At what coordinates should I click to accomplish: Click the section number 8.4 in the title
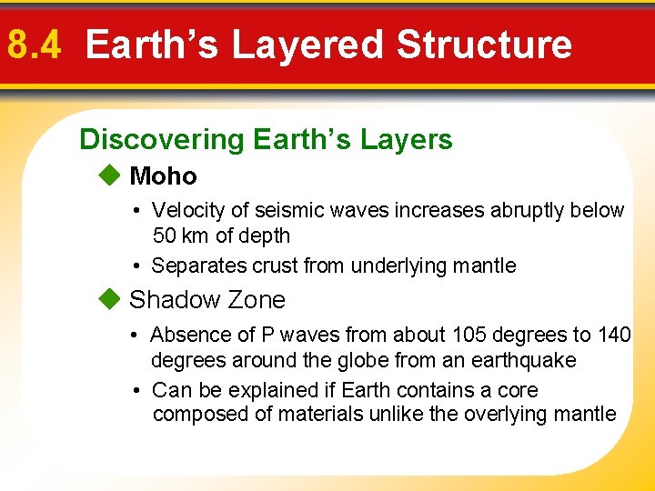coord(34,45)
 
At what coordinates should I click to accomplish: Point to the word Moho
coord(163,175)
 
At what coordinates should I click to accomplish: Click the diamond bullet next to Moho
coord(110,175)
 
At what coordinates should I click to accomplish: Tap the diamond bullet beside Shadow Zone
coord(110,299)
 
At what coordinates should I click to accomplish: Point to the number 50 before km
coord(165,235)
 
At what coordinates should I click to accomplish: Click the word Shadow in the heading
coord(174,299)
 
